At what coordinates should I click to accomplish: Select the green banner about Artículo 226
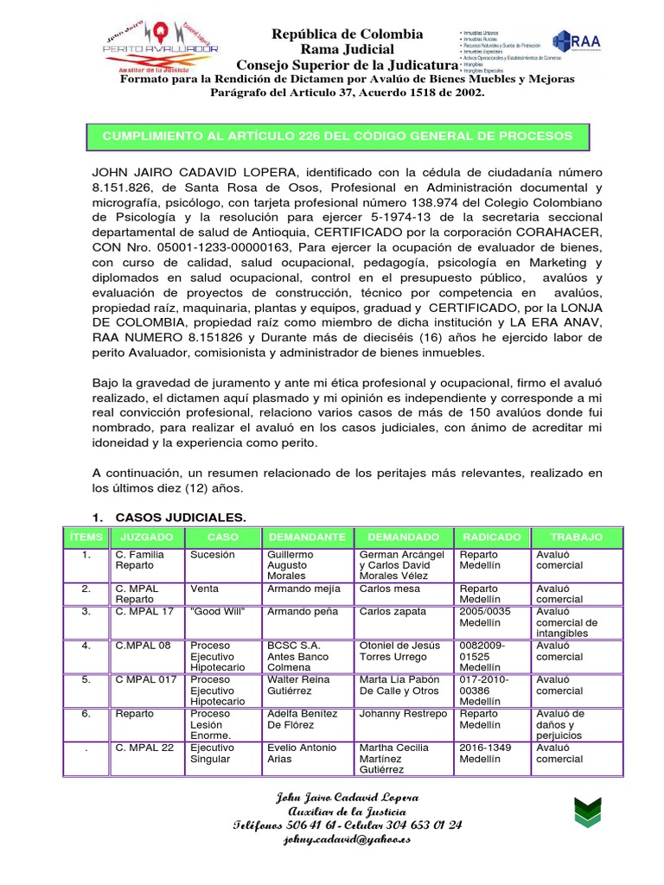pyautogui.click(x=337, y=137)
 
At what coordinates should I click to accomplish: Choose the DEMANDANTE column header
pyautogui.click(x=306, y=537)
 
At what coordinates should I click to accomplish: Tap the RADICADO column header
pyautogui.click(x=491, y=537)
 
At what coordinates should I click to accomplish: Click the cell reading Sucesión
pyautogui.click(x=213, y=555)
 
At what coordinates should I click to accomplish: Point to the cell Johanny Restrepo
pyautogui.click(x=403, y=714)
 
